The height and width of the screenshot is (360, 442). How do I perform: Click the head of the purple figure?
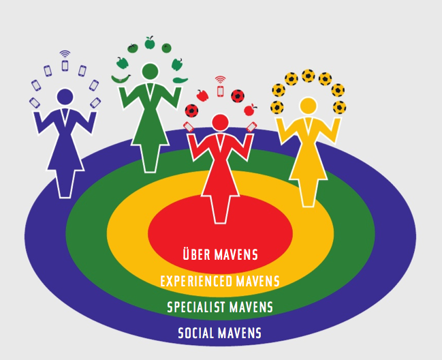[65, 97]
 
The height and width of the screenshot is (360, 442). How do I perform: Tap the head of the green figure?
[148, 72]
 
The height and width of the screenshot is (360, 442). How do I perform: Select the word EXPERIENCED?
[196, 281]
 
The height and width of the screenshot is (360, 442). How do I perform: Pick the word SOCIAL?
[197, 333]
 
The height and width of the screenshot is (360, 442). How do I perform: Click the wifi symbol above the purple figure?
[65, 53]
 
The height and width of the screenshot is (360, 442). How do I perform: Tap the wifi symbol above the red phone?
[220, 79]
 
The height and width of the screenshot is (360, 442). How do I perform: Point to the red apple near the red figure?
[250, 108]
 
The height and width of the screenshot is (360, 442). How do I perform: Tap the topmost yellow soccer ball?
[308, 75]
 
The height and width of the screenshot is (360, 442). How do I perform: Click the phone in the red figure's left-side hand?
[189, 127]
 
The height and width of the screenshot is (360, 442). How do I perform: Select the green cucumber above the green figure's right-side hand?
[179, 80]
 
